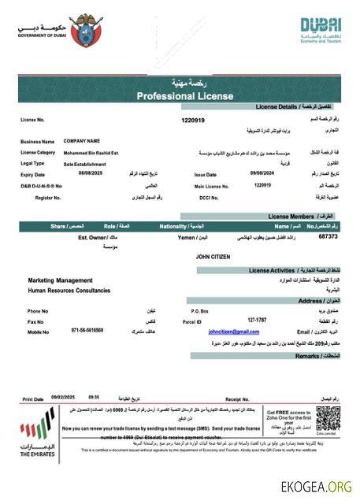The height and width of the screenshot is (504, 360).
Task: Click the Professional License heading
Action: [185, 96]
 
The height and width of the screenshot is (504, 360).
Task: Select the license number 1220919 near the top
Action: [193, 120]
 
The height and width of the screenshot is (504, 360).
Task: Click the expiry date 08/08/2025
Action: [75, 174]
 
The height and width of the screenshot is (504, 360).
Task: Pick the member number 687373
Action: [328, 235]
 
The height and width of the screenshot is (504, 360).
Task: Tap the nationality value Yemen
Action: [186, 236]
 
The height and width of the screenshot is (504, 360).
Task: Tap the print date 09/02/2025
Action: [61, 398]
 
